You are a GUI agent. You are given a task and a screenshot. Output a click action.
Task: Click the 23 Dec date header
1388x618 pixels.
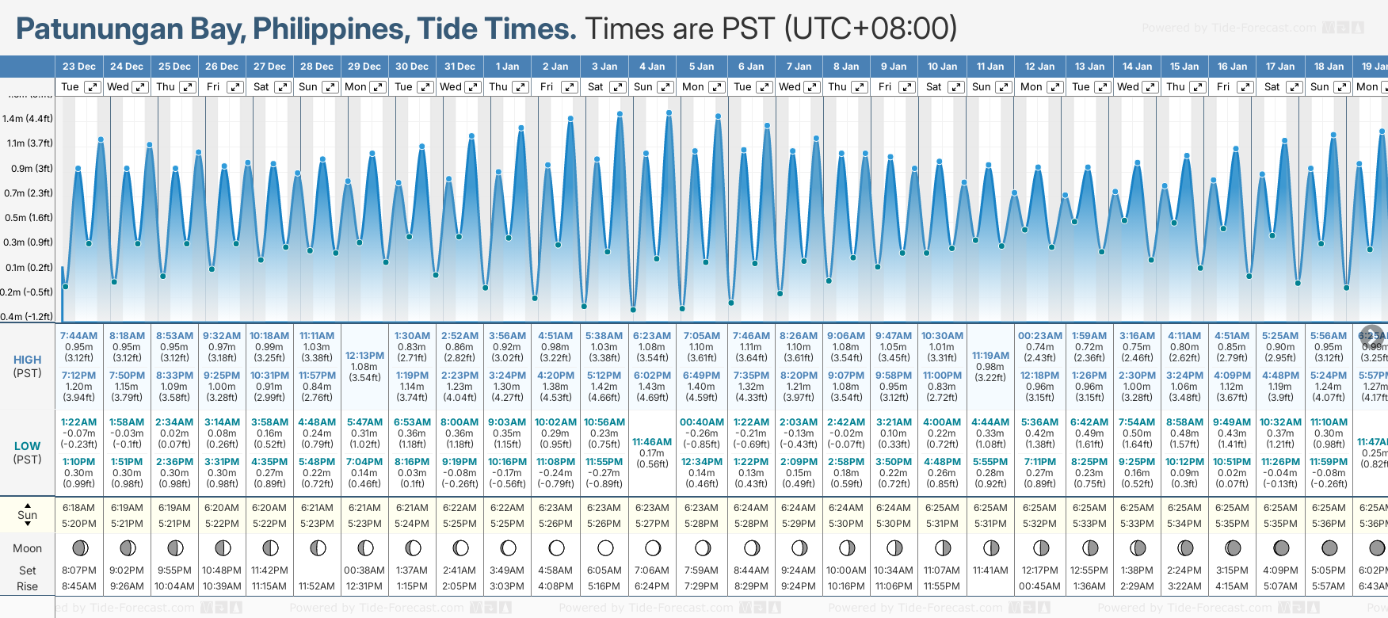(x=79, y=67)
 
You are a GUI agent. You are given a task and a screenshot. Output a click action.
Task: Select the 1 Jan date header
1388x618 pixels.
(x=507, y=67)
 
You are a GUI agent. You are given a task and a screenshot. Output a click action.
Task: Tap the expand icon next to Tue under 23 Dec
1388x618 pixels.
(x=93, y=87)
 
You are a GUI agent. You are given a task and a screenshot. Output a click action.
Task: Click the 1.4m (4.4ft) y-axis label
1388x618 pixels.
(x=28, y=119)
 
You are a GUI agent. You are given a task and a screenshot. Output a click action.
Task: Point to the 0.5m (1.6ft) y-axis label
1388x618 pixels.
(x=28, y=218)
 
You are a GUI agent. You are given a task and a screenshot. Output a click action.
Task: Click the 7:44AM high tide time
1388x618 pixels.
(x=79, y=336)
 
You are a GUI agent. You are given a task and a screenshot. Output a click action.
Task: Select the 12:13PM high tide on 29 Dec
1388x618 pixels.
(x=364, y=356)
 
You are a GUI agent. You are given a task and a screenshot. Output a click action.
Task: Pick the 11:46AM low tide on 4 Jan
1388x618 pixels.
(x=652, y=442)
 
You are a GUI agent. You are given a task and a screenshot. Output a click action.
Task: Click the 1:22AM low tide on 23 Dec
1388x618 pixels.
(x=79, y=422)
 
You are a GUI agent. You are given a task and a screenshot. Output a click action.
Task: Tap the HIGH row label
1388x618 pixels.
(x=27, y=360)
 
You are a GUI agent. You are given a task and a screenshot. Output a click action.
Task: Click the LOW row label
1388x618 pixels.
(x=27, y=446)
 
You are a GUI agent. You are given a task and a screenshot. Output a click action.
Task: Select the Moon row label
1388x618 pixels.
(x=27, y=548)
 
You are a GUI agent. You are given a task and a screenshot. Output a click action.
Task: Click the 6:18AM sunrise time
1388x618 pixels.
(x=79, y=508)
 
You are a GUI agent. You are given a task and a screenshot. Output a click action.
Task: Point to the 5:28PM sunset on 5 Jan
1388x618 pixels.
(x=702, y=524)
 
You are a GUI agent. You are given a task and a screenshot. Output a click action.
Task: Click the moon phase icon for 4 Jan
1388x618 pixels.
(x=653, y=548)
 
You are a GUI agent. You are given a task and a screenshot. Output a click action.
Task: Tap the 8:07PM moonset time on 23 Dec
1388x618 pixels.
(x=79, y=570)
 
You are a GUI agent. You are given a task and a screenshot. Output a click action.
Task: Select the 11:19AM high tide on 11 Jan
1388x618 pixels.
(x=990, y=356)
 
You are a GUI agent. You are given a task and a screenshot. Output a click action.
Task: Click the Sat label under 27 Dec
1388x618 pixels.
(x=261, y=87)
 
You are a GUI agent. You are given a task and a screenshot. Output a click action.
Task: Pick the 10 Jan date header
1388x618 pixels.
(x=943, y=67)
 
